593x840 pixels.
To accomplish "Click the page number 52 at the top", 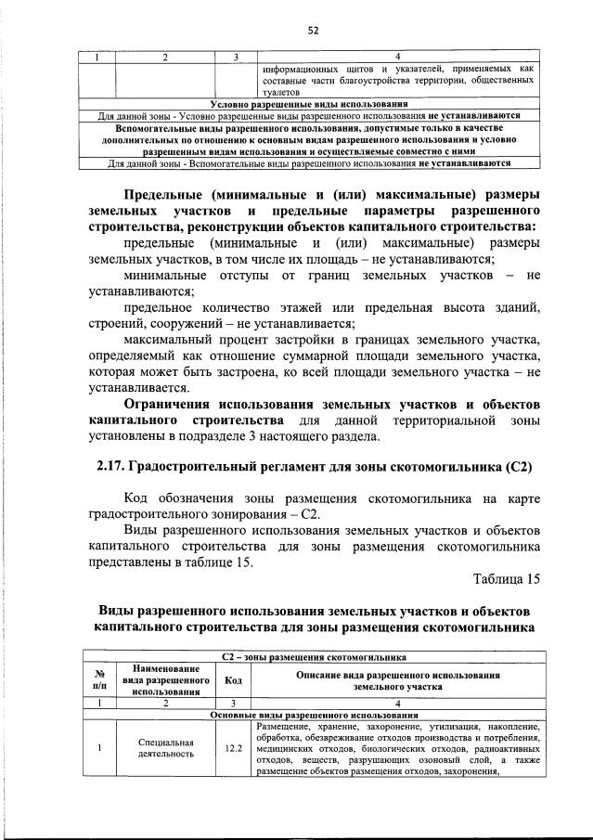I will click(313, 30).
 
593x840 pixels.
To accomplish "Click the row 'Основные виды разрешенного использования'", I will click(314, 716).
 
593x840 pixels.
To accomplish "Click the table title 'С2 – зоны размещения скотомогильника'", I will click(314, 656).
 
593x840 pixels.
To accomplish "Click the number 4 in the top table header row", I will click(396, 58).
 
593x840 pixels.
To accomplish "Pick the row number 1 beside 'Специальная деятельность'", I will click(98, 748).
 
